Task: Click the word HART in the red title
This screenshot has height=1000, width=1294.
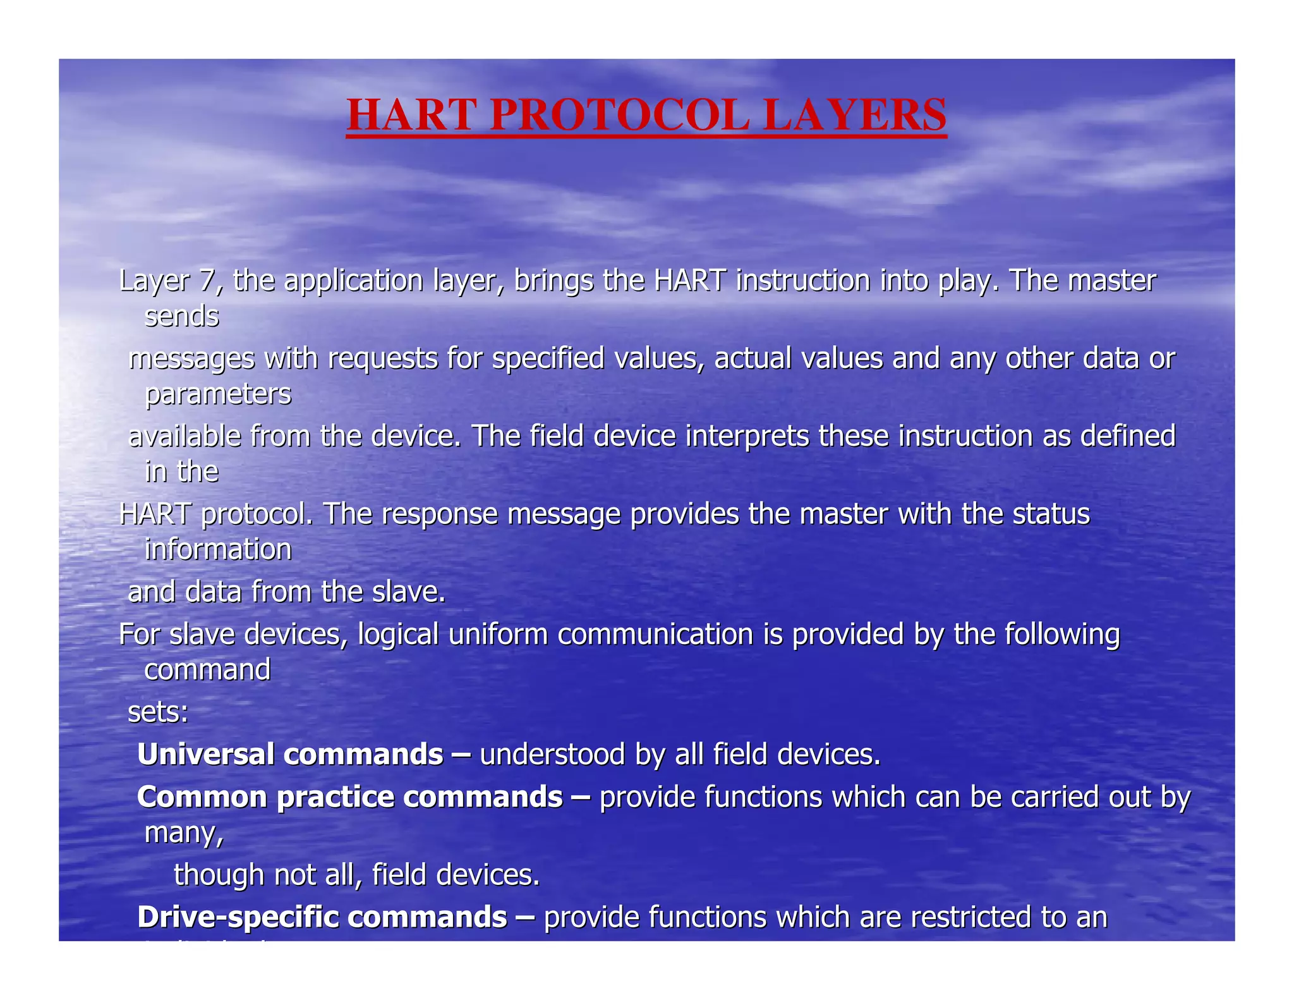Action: coord(411,116)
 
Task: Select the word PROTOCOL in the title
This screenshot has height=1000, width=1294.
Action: coord(619,116)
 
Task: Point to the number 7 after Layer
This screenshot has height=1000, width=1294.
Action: coord(206,281)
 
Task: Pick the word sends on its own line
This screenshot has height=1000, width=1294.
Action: coord(182,316)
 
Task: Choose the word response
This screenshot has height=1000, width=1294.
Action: coord(439,514)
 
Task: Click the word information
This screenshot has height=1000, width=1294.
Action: coord(218,549)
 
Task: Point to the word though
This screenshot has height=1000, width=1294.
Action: coord(219,875)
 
